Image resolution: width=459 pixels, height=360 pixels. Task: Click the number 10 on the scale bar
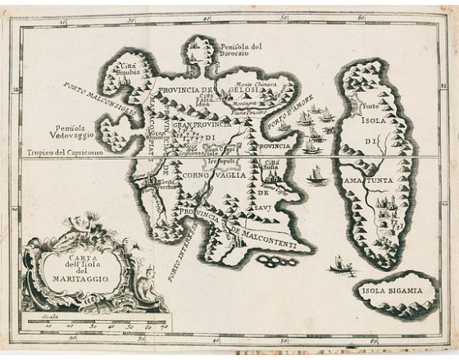[48, 327]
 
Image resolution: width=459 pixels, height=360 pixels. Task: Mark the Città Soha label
[271, 166]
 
